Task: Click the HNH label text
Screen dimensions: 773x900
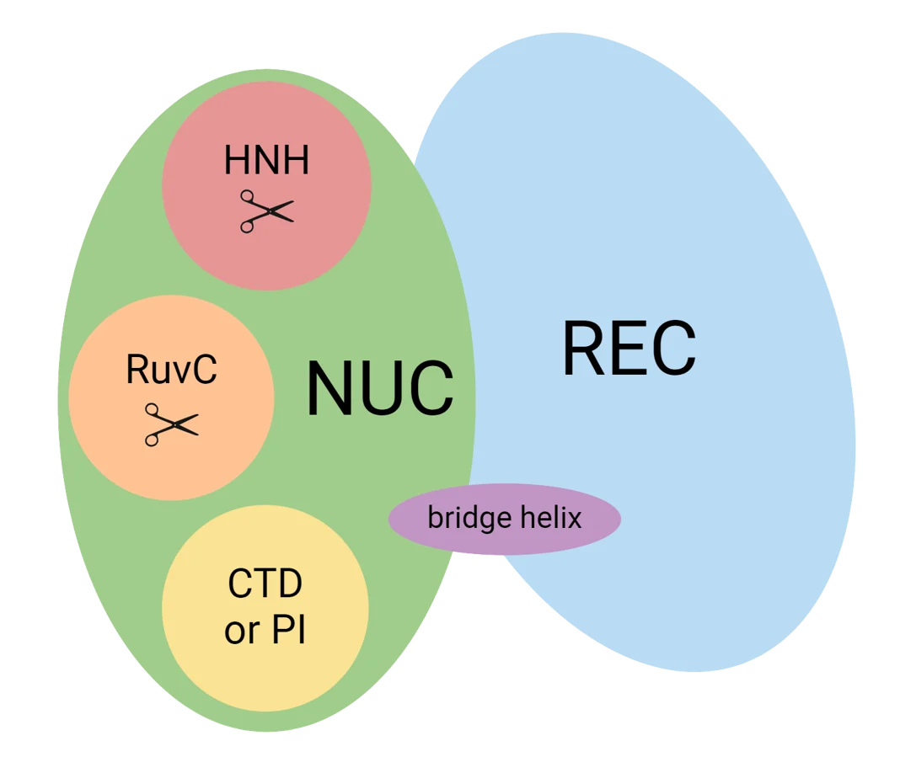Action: tap(266, 160)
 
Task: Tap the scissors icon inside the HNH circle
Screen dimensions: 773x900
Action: tap(266, 211)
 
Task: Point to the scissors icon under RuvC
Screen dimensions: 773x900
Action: tap(171, 424)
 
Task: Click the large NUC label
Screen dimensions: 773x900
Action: tap(379, 389)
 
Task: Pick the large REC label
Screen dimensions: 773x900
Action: tap(629, 348)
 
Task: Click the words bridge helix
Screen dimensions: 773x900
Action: tap(504, 517)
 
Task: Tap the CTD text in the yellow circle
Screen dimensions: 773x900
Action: tap(265, 584)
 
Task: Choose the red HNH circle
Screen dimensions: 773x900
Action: tap(266, 253)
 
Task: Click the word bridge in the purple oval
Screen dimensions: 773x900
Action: tap(464, 517)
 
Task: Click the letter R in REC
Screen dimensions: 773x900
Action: tap(582, 348)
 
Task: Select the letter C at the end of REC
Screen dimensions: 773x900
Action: tap(676, 348)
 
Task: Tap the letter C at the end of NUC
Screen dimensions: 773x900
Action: tap(431, 389)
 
